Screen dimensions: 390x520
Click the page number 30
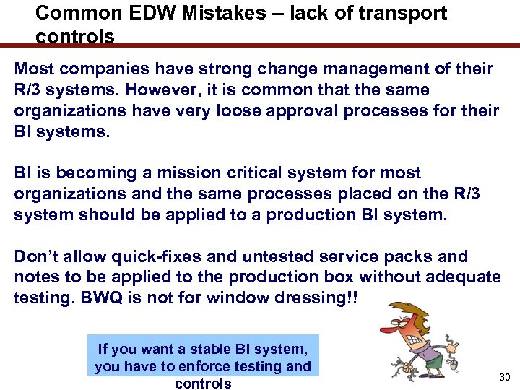(504, 378)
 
